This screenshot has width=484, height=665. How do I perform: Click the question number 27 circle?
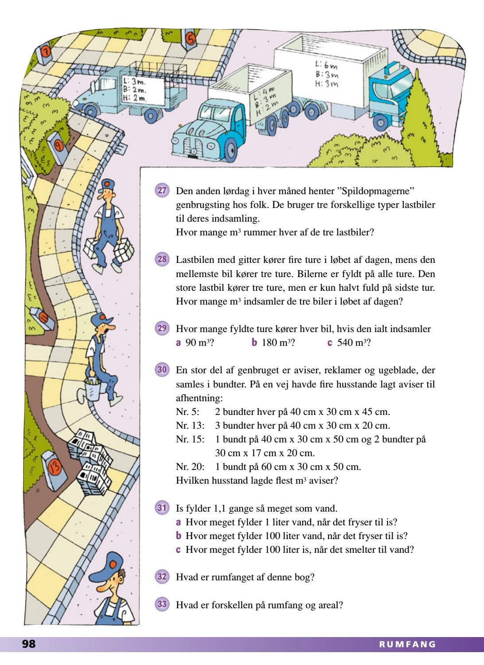(x=162, y=191)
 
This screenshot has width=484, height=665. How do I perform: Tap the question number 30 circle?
(x=162, y=369)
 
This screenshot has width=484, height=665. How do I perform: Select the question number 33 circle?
(x=162, y=604)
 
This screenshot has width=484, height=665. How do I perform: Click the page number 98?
(x=29, y=644)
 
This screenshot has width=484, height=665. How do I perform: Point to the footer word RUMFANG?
(x=407, y=644)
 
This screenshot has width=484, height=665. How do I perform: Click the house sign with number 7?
(x=46, y=52)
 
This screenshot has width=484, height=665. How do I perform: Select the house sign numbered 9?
(x=58, y=145)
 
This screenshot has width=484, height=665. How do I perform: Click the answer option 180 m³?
(x=273, y=343)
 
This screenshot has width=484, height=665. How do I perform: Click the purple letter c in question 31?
(x=178, y=550)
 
